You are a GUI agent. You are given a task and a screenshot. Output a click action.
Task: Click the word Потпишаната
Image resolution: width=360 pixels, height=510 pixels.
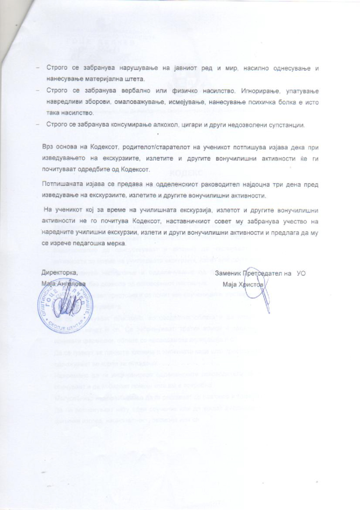click(60, 185)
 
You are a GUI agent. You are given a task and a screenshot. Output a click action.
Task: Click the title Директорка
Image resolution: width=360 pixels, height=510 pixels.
click(59, 273)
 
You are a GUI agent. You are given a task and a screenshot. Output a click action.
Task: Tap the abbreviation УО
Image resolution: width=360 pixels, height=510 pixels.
click(301, 274)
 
